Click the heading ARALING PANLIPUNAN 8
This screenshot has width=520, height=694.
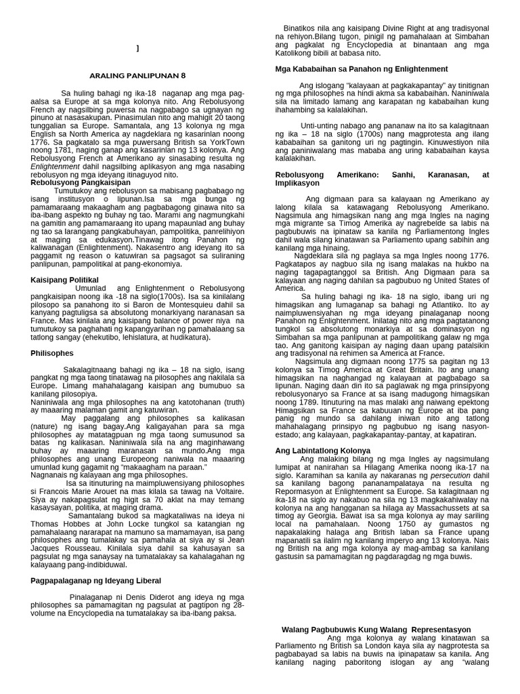pyautogui.click(x=137, y=75)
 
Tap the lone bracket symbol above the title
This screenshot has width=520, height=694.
pyautogui.click(x=137, y=48)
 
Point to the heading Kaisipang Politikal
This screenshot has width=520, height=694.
pyautogui.click(x=65, y=279)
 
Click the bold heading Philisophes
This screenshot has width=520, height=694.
pyautogui.click(x=52, y=353)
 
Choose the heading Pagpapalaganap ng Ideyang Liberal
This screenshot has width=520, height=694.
pyautogui.click(x=96, y=580)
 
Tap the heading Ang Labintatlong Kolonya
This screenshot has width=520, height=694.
pyautogui.click(x=323, y=450)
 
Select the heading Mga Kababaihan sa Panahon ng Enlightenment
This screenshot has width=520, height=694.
pyautogui.click(x=361, y=69)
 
